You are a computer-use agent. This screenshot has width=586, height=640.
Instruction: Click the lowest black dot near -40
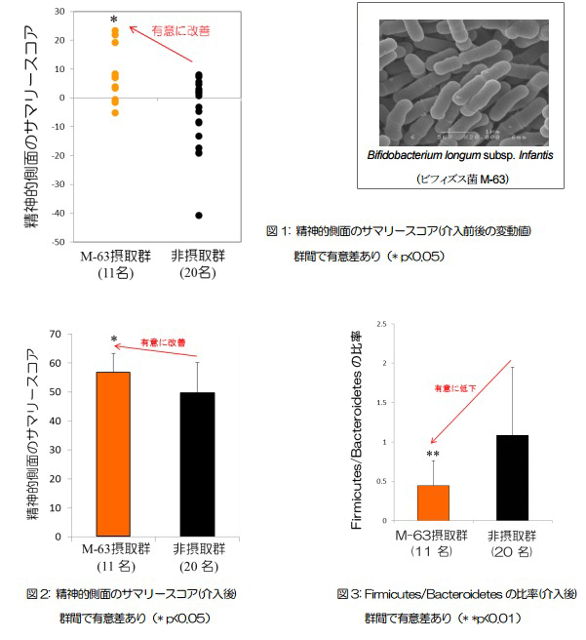pos(199,215)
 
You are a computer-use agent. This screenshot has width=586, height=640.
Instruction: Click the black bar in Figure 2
pos(198,464)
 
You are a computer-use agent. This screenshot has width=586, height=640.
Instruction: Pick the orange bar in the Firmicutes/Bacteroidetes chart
pos(433,502)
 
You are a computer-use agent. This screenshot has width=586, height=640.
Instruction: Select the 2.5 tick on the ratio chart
pos(383,324)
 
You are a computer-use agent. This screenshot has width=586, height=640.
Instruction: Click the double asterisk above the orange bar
pos(433,455)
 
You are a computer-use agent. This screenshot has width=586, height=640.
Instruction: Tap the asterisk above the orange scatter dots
pos(115,20)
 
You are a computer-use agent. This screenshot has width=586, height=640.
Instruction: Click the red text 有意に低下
pos(454,388)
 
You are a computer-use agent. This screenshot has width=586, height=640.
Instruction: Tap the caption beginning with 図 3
pos(456,593)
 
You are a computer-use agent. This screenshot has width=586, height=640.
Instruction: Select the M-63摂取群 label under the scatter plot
pos(113,256)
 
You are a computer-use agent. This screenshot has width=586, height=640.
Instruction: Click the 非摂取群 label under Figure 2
pos(198,549)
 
